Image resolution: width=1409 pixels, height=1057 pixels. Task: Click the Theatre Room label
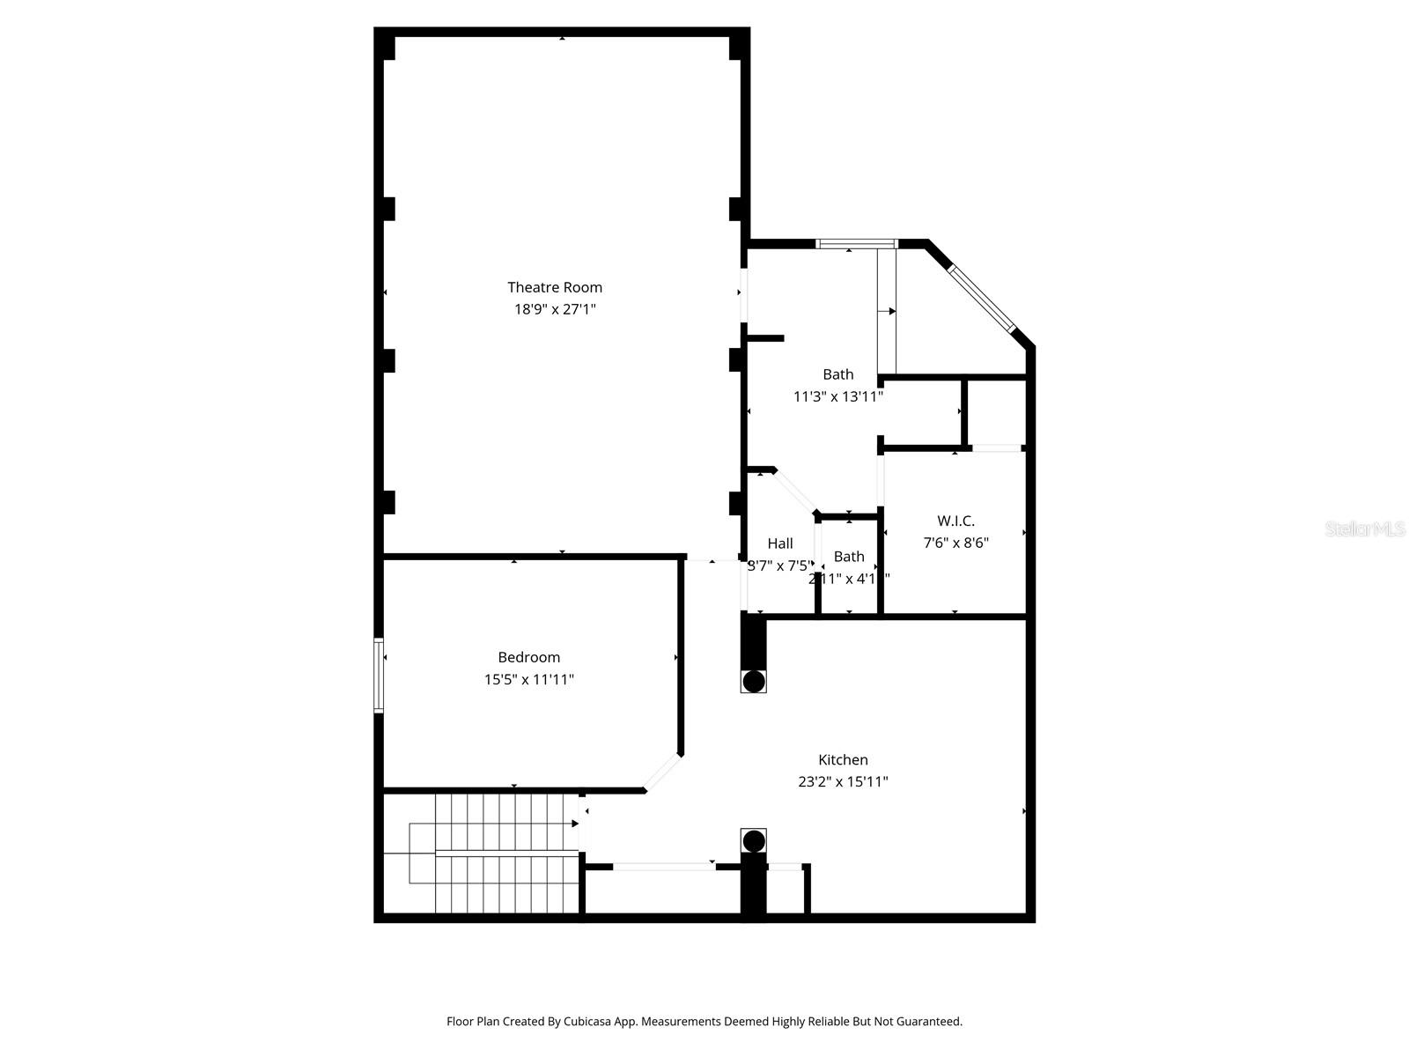click(x=555, y=287)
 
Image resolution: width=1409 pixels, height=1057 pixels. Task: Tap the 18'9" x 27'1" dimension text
click(x=555, y=309)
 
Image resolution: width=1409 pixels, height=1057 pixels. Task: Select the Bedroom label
click(x=528, y=657)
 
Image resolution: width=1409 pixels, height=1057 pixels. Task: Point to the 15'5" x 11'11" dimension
click(x=528, y=679)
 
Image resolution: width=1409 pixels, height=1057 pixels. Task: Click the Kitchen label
click(x=843, y=759)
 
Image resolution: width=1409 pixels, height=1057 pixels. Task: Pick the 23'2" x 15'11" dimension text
click(x=843, y=781)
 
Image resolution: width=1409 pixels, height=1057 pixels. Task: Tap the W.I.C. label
click(x=955, y=521)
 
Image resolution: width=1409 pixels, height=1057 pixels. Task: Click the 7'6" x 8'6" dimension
click(x=955, y=543)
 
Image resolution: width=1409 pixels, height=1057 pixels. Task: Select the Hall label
click(x=779, y=543)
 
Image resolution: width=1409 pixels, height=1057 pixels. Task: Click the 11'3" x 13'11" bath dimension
click(x=837, y=396)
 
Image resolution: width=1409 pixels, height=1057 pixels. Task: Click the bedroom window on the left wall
click(x=379, y=675)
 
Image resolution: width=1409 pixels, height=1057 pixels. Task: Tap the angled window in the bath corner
click(x=981, y=298)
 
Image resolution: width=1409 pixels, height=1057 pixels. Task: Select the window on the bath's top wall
click(x=856, y=244)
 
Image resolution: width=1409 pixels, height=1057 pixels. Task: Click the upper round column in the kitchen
click(x=754, y=681)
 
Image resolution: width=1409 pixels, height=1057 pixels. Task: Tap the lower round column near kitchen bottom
click(x=754, y=840)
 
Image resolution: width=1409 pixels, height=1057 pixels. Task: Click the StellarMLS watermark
click(x=1364, y=529)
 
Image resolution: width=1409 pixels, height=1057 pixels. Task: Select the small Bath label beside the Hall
click(x=849, y=557)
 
